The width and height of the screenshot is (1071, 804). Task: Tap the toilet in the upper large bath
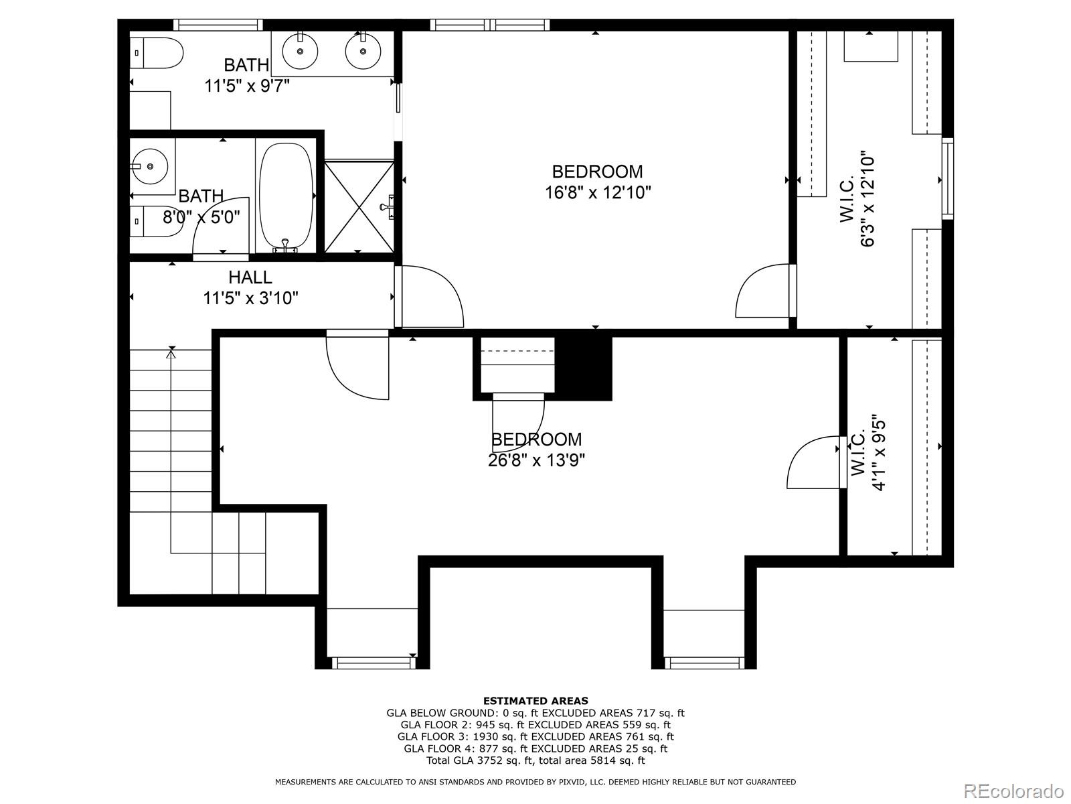tap(158, 53)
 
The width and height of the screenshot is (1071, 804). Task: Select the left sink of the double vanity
tap(300, 50)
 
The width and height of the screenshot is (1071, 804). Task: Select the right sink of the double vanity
tap(363, 50)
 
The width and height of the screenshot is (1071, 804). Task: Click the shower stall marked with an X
tap(359, 206)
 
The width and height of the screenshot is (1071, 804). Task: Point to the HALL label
tap(250, 277)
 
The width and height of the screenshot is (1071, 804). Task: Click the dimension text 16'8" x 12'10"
tap(598, 193)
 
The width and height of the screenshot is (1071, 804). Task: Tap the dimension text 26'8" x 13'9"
tap(536, 460)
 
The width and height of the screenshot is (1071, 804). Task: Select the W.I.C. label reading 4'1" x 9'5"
tap(869, 454)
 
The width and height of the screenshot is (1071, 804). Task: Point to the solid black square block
tap(584, 368)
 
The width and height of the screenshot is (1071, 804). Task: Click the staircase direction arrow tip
tap(171, 353)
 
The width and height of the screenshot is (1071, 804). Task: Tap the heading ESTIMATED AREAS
tap(535, 701)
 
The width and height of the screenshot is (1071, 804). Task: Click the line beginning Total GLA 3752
tap(535, 760)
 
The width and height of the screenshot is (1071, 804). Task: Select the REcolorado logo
tap(1014, 790)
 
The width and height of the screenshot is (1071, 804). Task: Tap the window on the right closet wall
tap(947, 179)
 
